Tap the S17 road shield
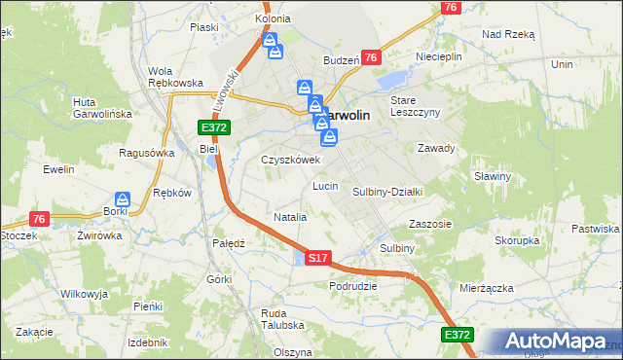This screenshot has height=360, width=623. (x=318, y=258)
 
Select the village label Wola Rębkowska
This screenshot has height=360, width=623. (x=174, y=76)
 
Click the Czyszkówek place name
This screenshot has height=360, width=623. (x=290, y=160)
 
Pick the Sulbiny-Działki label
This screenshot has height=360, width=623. (x=386, y=192)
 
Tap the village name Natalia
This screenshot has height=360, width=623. (x=290, y=217)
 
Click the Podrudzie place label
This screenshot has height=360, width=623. (x=352, y=286)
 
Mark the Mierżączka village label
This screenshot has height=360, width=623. (x=485, y=288)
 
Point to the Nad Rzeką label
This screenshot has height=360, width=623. (x=508, y=33)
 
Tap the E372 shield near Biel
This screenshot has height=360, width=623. (x=213, y=127)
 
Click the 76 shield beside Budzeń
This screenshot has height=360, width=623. (x=371, y=58)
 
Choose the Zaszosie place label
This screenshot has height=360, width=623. (x=430, y=223)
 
